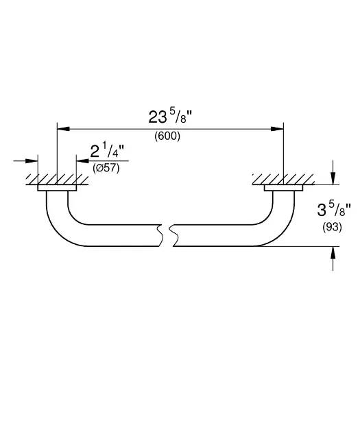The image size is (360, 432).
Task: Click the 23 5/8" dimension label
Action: click(x=169, y=117)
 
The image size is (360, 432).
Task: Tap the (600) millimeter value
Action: click(x=167, y=136)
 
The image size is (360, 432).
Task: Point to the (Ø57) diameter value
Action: click(x=106, y=168)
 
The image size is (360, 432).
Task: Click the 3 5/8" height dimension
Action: click(x=333, y=211)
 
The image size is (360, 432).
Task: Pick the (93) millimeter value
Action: click(x=332, y=227)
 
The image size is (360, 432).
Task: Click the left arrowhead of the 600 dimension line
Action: click(x=63, y=129)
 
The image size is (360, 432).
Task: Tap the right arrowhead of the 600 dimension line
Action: click(x=277, y=129)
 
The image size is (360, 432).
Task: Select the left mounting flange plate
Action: click(x=57, y=188)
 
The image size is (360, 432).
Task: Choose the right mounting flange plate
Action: click(x=283, y=188)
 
